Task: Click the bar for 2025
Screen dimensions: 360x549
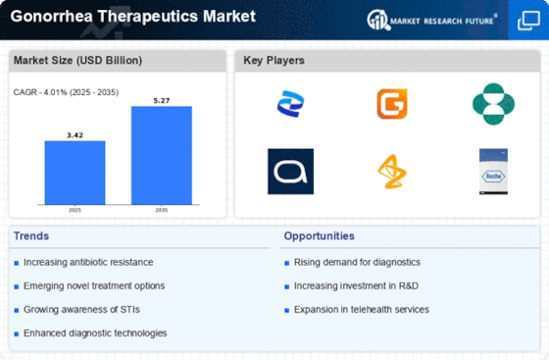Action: coord(75,175)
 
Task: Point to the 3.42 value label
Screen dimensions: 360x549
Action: coord(75,134)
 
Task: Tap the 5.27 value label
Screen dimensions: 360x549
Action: coord(162,99)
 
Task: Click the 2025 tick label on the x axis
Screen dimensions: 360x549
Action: coord(75,210)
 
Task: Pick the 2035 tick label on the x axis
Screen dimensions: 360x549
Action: coord(162,210)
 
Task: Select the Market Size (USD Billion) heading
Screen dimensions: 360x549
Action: coord(76,61)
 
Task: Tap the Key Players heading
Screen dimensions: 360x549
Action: coord(274,61)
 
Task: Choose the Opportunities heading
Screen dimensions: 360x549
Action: coord(320,236)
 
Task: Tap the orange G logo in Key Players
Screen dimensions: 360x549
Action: coord(391,104)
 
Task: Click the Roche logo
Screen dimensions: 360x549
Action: coord(493,171)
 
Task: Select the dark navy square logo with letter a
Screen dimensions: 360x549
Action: coord(290,171)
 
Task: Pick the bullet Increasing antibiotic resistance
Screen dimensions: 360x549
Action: coord(89,262)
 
